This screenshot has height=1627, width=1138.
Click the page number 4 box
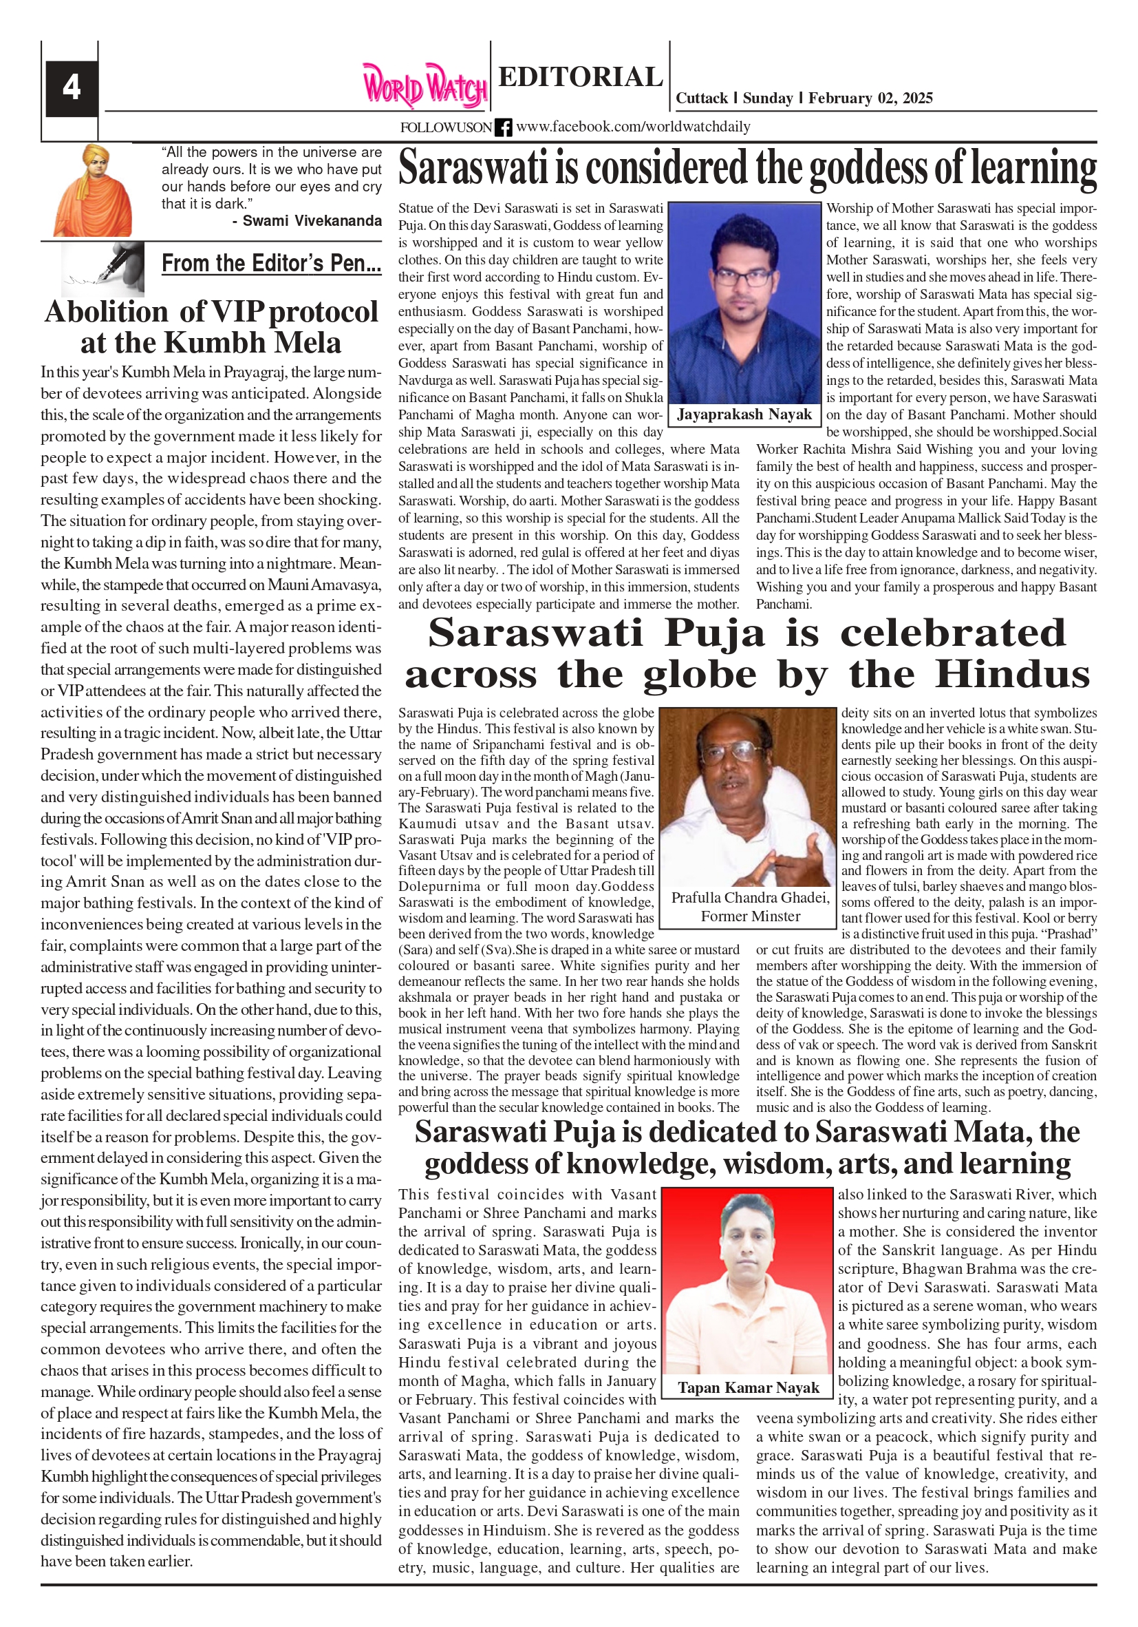72,88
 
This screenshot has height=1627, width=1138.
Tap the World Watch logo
425,87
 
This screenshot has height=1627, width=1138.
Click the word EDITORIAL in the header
580,76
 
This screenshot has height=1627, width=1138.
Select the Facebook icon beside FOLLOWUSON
503,127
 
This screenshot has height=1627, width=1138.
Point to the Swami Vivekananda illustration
94,191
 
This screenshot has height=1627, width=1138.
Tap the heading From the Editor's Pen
271,263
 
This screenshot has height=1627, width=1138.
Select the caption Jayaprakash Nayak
744,414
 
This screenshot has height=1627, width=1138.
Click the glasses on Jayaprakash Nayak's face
743,275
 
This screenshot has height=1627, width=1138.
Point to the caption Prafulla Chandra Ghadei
750,898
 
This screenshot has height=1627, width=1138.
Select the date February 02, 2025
870,98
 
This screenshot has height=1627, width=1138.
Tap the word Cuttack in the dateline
701,98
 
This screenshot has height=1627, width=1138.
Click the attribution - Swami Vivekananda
307,221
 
